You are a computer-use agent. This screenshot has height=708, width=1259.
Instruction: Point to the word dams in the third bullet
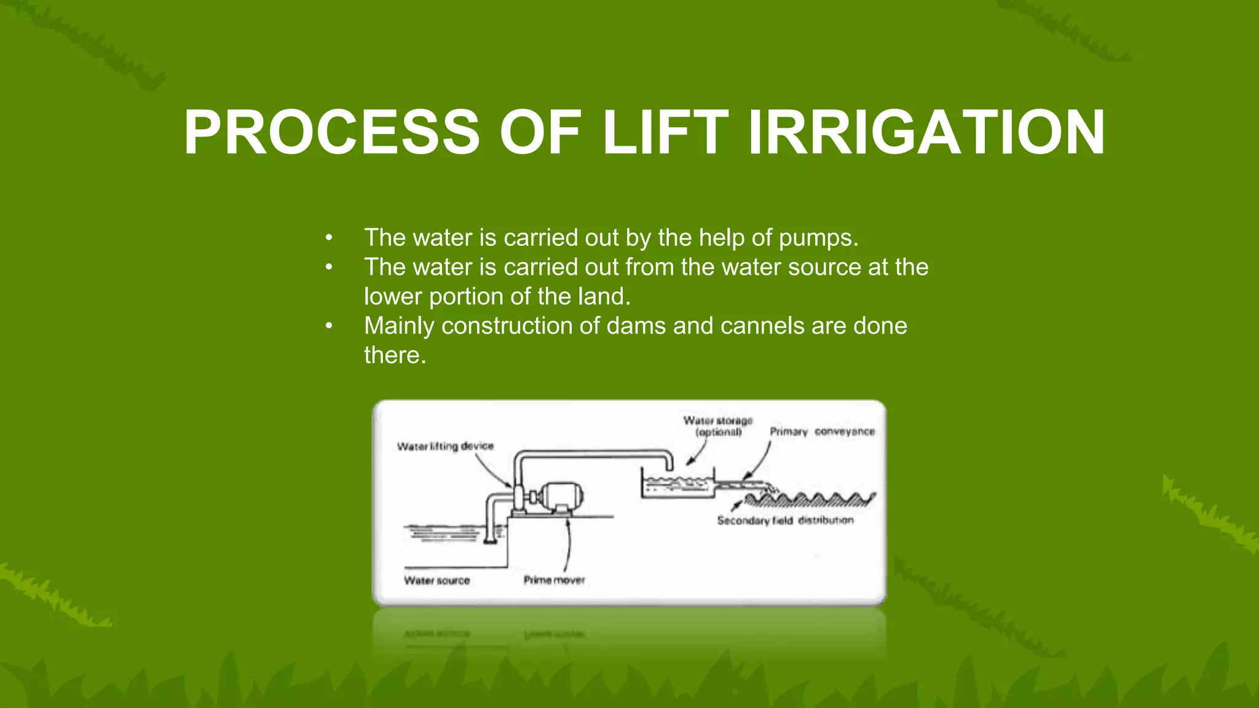click(636, 326)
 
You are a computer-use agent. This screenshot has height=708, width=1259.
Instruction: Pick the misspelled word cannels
click(762, 326)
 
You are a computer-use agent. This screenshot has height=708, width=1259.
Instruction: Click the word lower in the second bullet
click(393, 296)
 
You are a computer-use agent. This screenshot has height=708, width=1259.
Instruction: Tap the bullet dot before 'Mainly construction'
click(329, 326)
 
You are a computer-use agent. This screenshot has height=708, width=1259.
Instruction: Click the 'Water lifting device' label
click(445, 446)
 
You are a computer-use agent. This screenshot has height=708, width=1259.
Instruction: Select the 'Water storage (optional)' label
click(718, 427)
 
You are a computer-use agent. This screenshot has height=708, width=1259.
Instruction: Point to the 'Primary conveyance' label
click(822, 431)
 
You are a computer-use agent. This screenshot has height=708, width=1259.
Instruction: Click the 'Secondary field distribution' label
click(785, 521)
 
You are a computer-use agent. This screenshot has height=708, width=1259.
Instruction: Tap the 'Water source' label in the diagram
click(436, 580)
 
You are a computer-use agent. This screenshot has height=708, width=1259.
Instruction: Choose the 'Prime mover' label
click(554, 580)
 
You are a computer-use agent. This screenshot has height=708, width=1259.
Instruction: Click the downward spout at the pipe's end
click(669, 462)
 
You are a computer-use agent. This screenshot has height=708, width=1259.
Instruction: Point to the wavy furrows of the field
click(811, 498)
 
